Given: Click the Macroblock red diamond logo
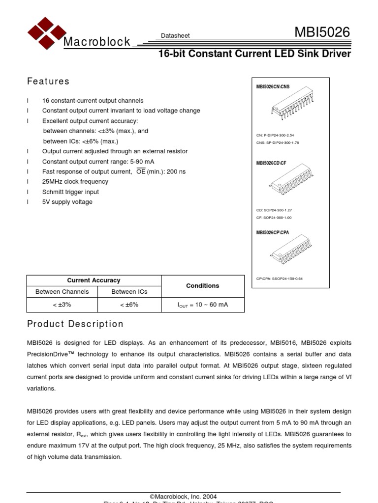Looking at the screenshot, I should click(x=46, y=33).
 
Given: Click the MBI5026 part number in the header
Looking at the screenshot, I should click(x=322, y=33).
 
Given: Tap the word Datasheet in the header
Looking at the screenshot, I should click(x=175, y=36).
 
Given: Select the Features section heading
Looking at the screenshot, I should click(x=48, y=82).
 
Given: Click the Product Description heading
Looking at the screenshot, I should click(x=75, y=324).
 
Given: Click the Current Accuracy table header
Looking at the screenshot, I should click(x=94, y=280).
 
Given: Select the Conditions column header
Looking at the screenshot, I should click(x=202, y=286).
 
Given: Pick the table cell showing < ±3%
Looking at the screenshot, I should click(x=62, y=305).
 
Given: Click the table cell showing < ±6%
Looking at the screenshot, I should click(x=129, y=305).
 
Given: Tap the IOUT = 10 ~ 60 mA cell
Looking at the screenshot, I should click(x=202, y=305).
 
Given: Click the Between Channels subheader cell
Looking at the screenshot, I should click(x=62, y=292).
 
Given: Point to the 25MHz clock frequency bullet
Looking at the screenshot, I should click(x=75, y=182).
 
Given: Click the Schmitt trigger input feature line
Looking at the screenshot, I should click(x=70, y=192).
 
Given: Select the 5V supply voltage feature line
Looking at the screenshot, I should click(x=67, y=202).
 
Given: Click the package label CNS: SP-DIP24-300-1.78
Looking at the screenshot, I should click(x=278, y=142).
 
